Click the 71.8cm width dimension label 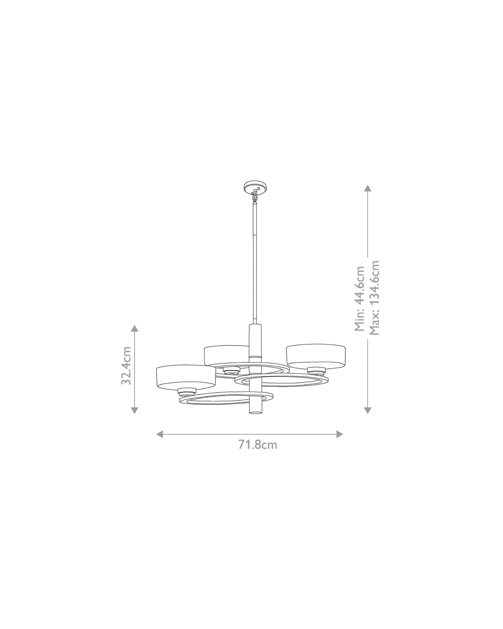click(x=257, y=445)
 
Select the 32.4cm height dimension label click(x=126, y=365)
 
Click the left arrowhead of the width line click(x=160, y=434)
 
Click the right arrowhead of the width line click(x=340, y=434)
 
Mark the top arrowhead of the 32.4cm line click(x=135, y=329)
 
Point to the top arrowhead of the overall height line click(x=368, y=188)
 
